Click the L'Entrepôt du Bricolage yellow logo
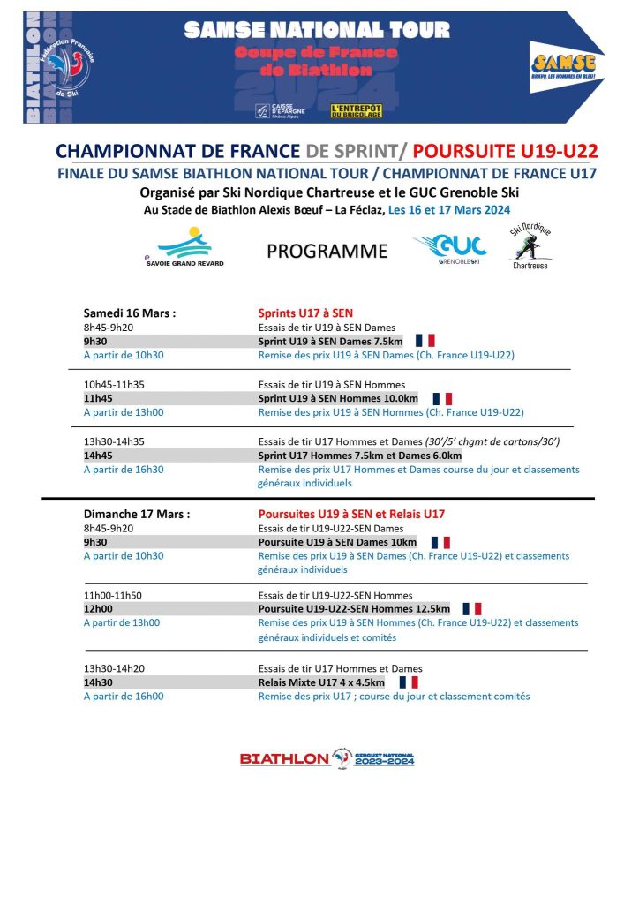356,110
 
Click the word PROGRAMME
327,252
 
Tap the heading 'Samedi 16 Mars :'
129,313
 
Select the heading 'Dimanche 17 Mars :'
137,513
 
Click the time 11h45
98,398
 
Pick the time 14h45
98,456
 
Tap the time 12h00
98,609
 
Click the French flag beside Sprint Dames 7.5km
425,341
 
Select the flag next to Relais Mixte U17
409,682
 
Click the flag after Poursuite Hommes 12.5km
472,609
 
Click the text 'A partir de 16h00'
124,697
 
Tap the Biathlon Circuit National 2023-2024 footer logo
327,758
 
